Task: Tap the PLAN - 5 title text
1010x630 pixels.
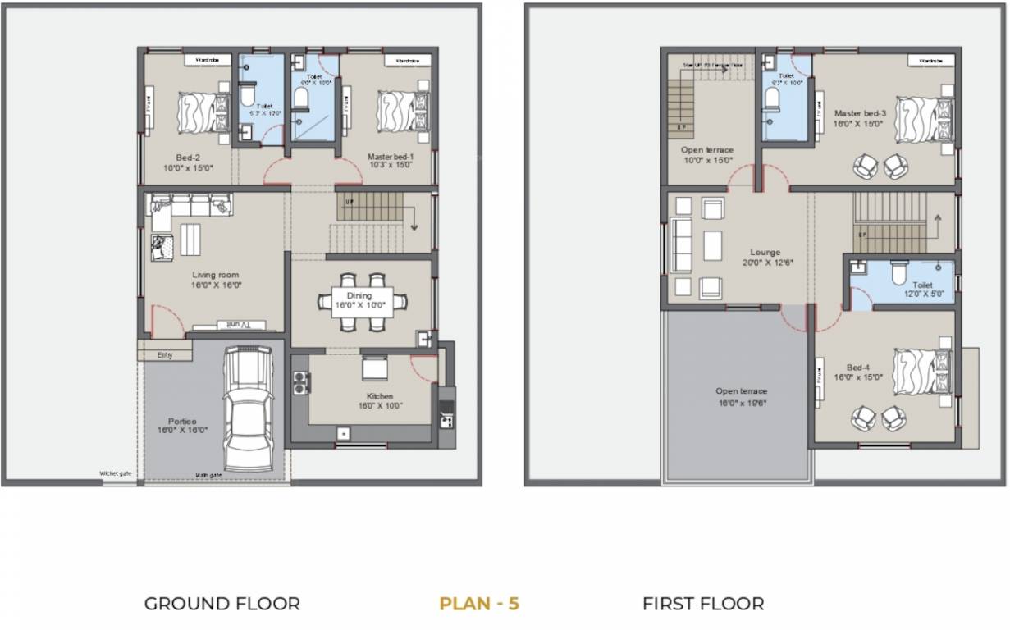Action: click(479, 605)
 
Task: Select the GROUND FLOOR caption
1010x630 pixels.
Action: click(222, 605)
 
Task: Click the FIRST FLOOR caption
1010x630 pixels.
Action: click(702, 605)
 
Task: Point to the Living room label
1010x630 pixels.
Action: click(217, 280)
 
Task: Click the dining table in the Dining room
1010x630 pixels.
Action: click(362, 301)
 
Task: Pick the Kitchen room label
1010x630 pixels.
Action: click(379, 401)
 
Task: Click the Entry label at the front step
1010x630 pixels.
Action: click(164, 354)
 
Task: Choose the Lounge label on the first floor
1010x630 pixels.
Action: click(765, 258)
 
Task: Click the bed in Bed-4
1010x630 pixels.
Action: click(923, 372)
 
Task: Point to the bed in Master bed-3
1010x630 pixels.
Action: click(923, 119)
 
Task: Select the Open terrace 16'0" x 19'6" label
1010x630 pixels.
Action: click(741, 397)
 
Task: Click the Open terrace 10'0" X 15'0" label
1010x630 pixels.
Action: click(706, 155)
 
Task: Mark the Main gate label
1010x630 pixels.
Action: click(208, 474)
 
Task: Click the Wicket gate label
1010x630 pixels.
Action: click(116, 474)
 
